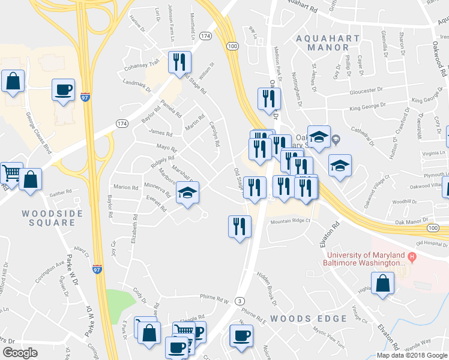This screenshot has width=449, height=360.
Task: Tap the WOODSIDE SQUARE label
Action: (49, 218)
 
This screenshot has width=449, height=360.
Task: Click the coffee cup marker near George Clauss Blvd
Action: (64, 91)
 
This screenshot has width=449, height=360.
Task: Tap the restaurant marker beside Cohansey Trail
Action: (179, 62)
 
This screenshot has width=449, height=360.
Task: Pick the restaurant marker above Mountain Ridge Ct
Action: (240, 226)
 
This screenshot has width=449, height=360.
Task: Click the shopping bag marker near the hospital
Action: (382, 284)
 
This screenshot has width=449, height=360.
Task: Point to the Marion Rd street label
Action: (126, 187)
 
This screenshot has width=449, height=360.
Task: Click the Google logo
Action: (20, 353)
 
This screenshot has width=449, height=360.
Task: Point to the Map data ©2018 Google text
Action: (412, 355)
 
